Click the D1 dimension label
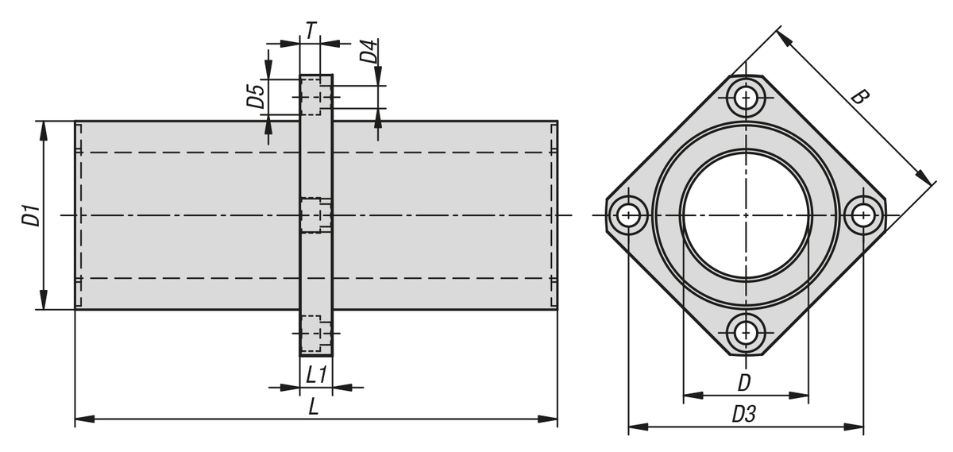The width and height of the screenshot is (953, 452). [30, 215]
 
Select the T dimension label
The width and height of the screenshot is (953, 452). [311, 29]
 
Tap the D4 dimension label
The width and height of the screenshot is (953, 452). [368, 52]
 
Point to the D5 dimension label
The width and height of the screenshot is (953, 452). [256, 95]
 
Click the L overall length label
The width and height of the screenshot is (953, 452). [314, 407]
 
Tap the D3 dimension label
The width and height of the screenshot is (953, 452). [744, 414]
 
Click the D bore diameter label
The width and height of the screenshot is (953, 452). [744, 382]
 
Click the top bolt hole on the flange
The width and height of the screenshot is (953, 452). [746, 98]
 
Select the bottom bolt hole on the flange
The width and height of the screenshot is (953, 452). [746, 333]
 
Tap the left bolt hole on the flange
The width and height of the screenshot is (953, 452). [628, 215]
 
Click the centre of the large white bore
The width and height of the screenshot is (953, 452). [746, 215]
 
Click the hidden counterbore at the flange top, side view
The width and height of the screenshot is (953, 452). [314, 96]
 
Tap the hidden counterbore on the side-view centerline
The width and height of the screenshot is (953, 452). [314, 215]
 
